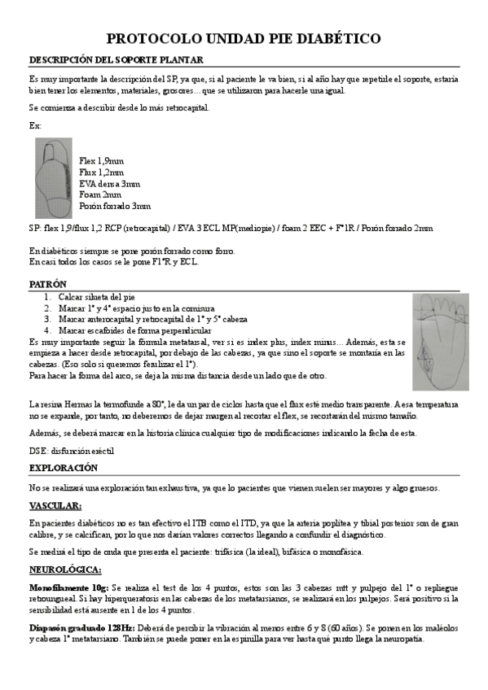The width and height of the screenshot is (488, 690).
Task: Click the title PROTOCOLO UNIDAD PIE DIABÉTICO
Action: click(244, 38)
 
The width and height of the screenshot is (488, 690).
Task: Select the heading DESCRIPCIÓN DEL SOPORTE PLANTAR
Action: click(116, 60)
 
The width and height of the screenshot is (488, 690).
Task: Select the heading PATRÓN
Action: click(48, 285)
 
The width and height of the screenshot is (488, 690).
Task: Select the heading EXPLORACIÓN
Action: click(64, 468)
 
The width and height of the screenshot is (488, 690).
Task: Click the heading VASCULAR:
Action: click(55, 506)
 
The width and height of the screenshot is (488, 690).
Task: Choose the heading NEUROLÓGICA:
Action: click(65, 569)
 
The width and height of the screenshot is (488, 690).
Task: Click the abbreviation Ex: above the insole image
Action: click(35, 125)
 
